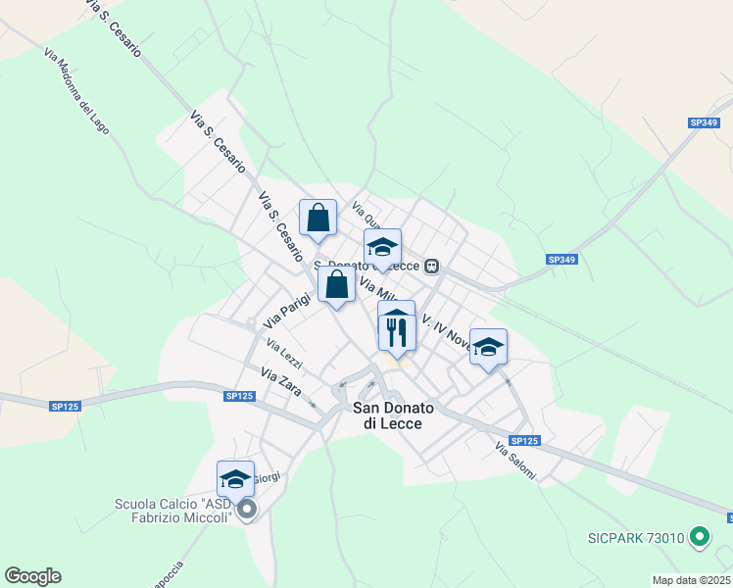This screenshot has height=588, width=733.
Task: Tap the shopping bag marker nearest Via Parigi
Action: [336, 286]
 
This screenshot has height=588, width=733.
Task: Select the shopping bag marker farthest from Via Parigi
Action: [318, 219]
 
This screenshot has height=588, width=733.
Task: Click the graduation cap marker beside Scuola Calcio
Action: [235, 479]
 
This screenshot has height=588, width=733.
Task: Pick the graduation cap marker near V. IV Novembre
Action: [488, 347]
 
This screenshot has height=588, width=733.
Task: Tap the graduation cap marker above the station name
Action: [382, 247]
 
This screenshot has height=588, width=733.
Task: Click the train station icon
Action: [431, 265]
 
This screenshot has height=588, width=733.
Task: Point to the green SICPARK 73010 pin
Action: [699, 537]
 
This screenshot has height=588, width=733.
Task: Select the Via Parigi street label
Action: [286, 308]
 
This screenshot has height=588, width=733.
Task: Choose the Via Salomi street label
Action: [515, 462]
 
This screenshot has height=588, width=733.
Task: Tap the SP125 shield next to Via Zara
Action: [239, 396]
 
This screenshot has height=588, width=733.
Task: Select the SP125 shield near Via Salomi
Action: [524, 441]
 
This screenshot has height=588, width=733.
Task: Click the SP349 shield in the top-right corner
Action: [703, 122]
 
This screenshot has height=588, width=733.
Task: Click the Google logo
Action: [32, 576]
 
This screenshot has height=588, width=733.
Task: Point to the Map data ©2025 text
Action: [692, 580]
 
